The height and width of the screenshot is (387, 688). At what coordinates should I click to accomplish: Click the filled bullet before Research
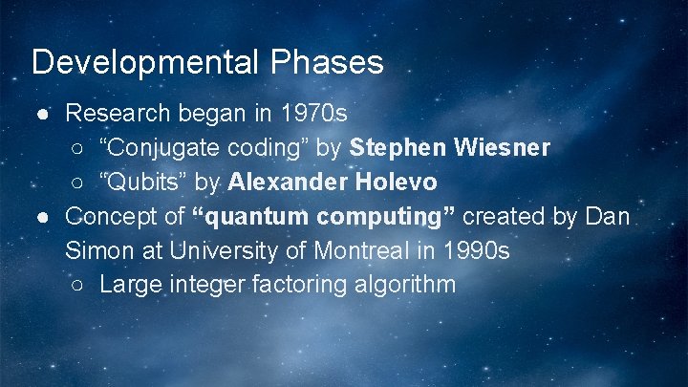(x=43, y=115)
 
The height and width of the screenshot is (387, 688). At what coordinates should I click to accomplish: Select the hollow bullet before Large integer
(x=77, y=286)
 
